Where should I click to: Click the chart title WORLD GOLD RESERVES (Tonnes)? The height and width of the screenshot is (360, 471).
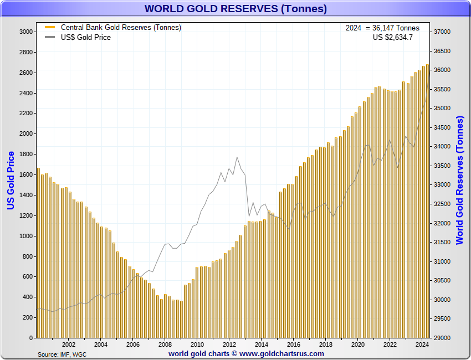(x=235, y=9)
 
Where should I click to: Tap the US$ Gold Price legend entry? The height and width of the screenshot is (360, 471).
(x=85, y=37)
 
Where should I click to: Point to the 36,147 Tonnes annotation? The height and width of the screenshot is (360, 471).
(x=382, y=28)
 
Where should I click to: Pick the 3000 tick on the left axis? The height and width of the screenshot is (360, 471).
(x=25, y=32)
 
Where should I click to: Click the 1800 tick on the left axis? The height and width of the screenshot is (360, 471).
(x=25, y=155)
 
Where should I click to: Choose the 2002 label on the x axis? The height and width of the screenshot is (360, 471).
(x=69, y=344)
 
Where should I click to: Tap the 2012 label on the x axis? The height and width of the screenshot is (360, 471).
(x=229, y=344)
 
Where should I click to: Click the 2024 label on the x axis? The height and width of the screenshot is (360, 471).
(x=422, y=344)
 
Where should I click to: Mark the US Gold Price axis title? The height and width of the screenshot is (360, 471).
(x=11, y=181)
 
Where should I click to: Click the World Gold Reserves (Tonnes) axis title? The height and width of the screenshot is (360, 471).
(x=459, y=181)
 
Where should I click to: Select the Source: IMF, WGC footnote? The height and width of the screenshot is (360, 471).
(x=62, y=354)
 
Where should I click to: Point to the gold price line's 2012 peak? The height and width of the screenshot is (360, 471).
(x=237, y=157)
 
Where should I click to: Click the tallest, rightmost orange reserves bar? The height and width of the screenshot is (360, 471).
(x=427, y=199)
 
